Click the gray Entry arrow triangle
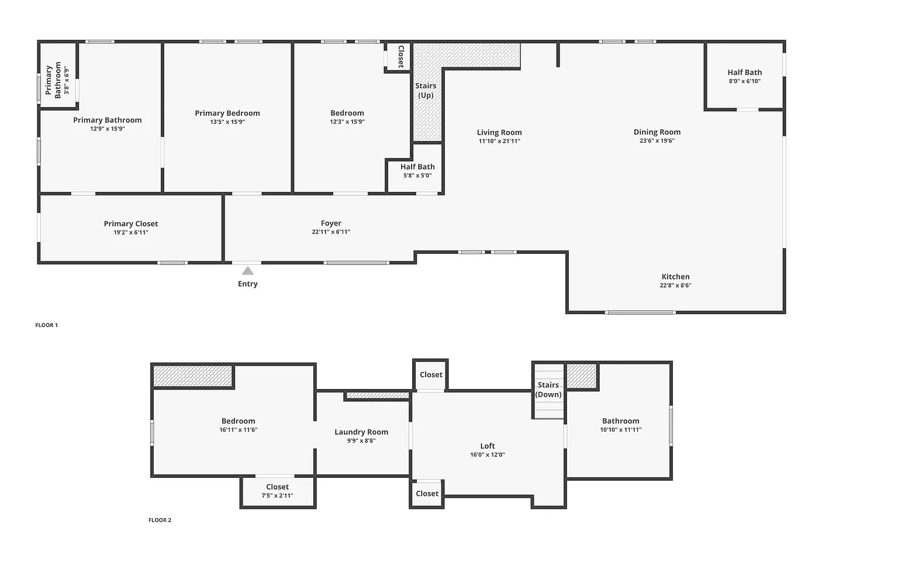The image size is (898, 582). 248,271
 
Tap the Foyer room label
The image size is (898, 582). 331,223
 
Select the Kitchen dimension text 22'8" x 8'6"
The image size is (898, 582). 675,285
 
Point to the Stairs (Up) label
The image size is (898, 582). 426,90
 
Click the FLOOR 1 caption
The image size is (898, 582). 47,325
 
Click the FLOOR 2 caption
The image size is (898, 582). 160,520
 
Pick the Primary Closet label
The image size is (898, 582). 131,223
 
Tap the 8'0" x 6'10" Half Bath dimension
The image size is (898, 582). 744,81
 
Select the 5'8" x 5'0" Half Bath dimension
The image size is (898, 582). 417,175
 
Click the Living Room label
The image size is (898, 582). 499,132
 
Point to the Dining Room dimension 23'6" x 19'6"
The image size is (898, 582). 657,140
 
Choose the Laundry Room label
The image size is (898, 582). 361,432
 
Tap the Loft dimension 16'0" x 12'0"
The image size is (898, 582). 488,454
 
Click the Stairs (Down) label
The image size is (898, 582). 548,390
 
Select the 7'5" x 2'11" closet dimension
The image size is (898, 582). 278,495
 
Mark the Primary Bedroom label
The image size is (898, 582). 227,113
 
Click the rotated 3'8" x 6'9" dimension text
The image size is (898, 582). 67,81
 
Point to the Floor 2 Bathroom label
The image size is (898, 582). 620,421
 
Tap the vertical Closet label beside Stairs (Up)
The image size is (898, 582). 400,56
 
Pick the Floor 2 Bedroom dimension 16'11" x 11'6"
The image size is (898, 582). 238,429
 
